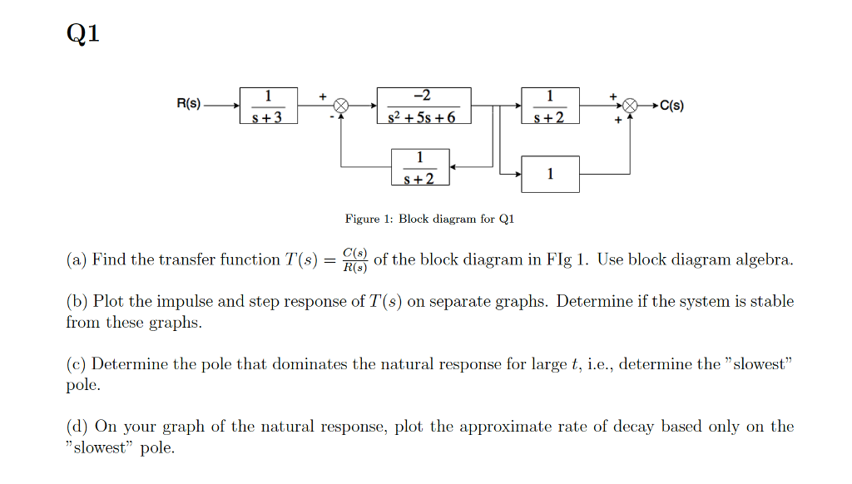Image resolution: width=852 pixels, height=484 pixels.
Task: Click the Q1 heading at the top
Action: tap(82, 34)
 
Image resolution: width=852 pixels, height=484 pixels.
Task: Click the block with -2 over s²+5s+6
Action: tap(424, 106)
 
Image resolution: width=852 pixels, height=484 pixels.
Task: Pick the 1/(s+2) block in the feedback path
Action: tap(420, 167)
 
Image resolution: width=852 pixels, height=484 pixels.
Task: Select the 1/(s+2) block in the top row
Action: tap(550, 106)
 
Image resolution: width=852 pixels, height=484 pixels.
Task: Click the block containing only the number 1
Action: tap(550, 174)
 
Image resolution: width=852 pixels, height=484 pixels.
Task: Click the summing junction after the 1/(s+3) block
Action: tap(341, 106)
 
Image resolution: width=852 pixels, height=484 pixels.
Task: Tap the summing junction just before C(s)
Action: tap(631, 106)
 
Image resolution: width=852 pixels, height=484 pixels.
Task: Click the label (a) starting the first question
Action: tap(77, 259)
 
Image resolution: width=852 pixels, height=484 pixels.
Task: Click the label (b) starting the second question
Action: tap(77, 301)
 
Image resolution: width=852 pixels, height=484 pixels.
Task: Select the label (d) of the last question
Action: tap(77, 427)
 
